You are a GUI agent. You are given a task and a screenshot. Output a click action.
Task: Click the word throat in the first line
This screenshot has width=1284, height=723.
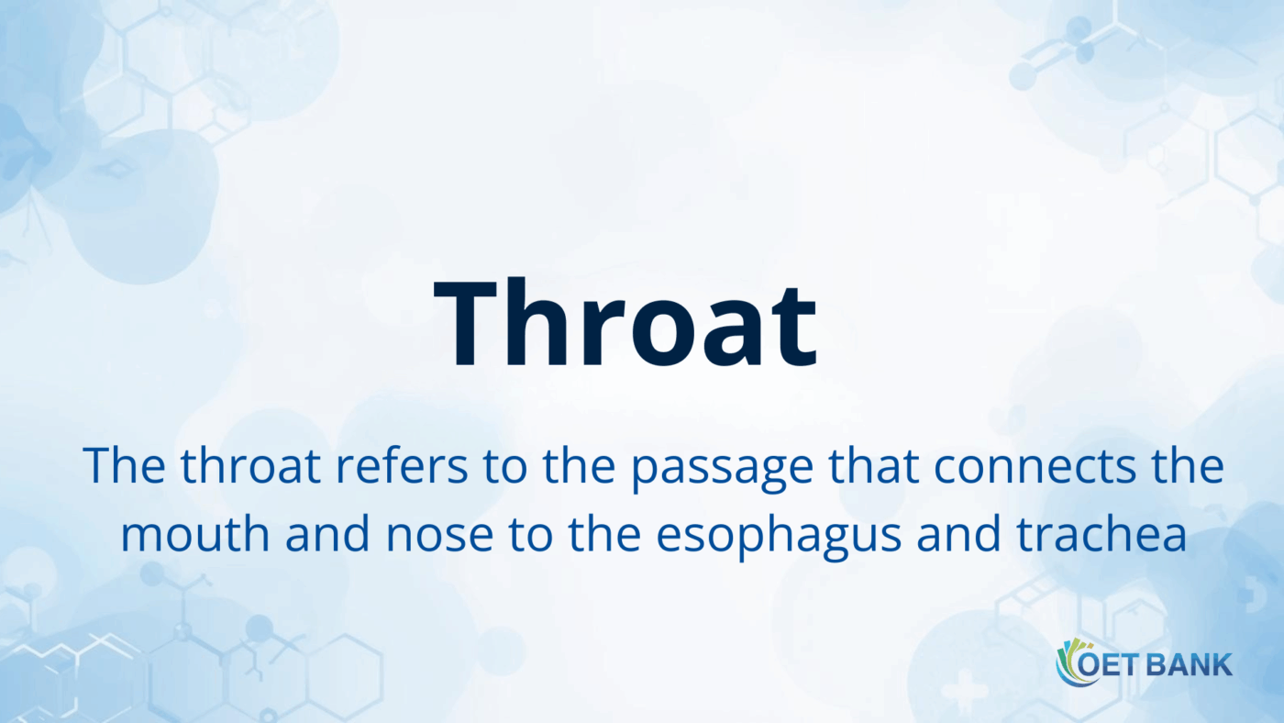(x=249, y=467)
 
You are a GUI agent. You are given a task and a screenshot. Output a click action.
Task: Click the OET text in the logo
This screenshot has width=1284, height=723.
(x=1107, y=663)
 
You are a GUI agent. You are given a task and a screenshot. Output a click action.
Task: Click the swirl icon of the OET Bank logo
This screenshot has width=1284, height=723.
(x=1070, y=662)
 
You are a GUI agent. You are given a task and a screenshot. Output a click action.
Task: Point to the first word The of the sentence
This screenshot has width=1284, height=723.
(x=123, y=467)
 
